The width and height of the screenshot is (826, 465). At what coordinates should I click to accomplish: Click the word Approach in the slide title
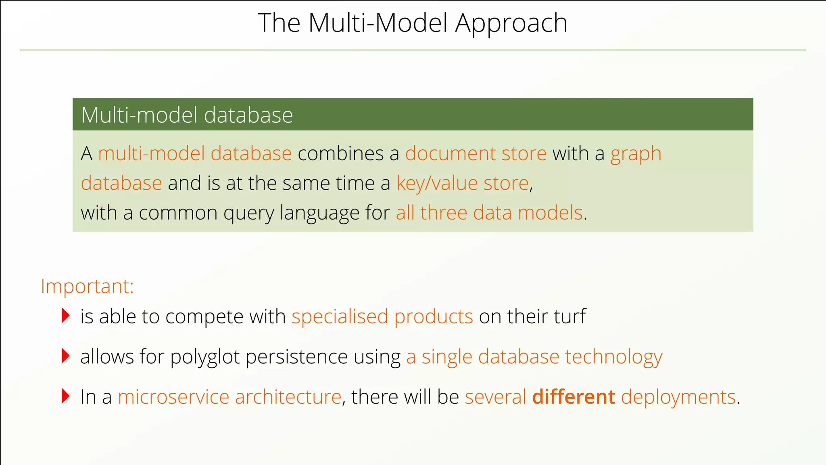pos(511,23)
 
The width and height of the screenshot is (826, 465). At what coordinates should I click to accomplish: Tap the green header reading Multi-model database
pos(187,115)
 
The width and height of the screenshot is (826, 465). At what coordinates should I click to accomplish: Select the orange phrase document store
pos(476,154)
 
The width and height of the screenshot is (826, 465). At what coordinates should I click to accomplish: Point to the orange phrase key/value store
pos(462,184)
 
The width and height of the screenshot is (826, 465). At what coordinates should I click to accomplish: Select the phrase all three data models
pos(489,213)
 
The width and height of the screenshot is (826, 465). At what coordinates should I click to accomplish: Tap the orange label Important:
pos(87,287)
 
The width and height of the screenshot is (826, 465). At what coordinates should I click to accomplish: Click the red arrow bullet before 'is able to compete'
pos(65,315)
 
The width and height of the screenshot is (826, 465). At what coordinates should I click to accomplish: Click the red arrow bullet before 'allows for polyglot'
pos(65,356)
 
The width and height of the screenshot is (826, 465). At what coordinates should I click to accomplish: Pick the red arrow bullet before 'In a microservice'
pos(65,396)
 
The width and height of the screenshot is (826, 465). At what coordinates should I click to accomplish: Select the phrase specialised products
pos(382,316)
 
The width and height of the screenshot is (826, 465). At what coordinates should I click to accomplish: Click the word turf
pos(569,316)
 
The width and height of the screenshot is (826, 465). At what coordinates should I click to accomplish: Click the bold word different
pos(573,397)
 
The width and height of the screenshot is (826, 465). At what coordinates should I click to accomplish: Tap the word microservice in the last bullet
pos(173,397)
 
